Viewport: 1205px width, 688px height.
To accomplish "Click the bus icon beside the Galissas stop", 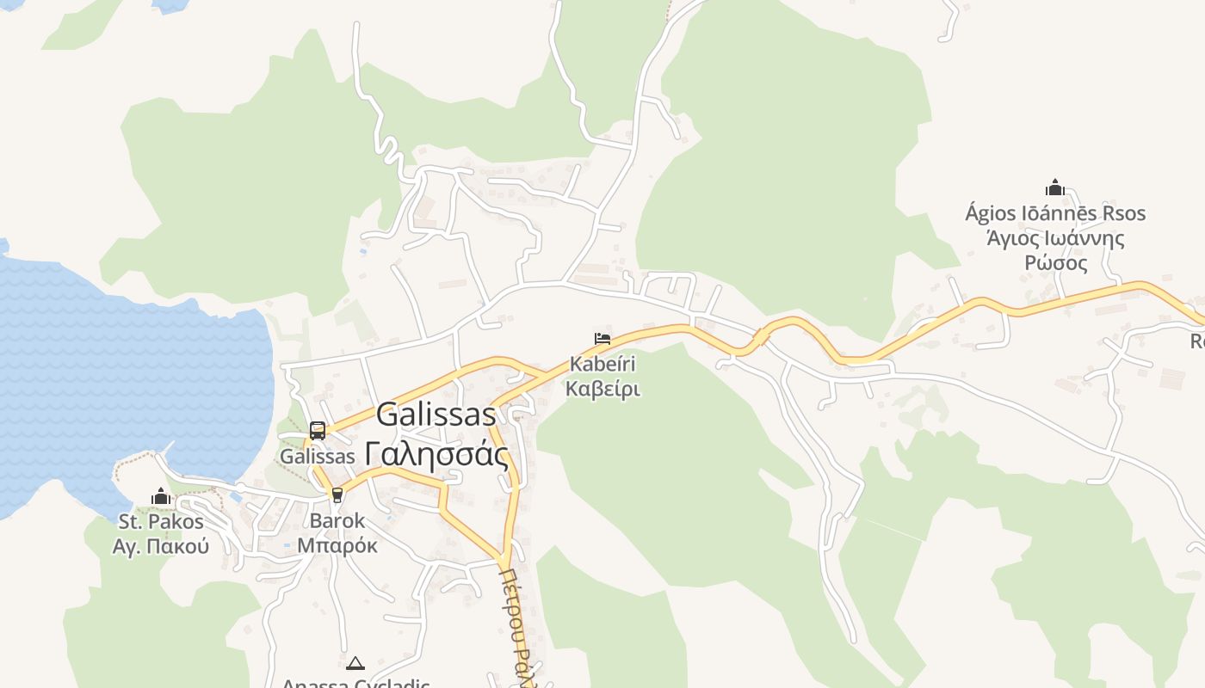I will point(318,431).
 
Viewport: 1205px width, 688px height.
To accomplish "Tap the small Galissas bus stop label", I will point(318,457).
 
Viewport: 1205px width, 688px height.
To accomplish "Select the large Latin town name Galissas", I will point(436,415).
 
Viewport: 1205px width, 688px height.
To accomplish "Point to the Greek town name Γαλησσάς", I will point(436,453).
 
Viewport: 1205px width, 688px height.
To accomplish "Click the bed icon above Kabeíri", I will point(602,340).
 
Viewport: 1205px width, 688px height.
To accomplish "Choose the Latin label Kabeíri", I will point(602,365).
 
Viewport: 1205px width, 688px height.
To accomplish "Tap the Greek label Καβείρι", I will point(602,389).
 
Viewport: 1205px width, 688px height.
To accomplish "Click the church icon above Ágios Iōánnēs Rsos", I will point(1055,187).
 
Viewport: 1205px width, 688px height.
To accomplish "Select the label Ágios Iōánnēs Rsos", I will point(1055,213).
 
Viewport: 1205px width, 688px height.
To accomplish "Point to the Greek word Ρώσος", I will point(1055,263).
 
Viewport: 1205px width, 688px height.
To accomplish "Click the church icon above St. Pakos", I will point(161,496).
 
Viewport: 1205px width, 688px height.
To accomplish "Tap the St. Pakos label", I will point(161,522).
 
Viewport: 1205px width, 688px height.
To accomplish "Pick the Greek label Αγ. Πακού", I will point(161,546).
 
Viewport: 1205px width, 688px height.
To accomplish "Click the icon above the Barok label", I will point(337,495).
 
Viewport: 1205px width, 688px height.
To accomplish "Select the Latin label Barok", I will point(337,521).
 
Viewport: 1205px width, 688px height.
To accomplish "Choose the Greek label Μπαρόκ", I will point(337,545).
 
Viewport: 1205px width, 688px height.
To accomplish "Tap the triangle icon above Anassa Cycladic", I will point(355,663).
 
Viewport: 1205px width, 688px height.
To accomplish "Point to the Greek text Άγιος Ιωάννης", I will point(1055,238).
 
